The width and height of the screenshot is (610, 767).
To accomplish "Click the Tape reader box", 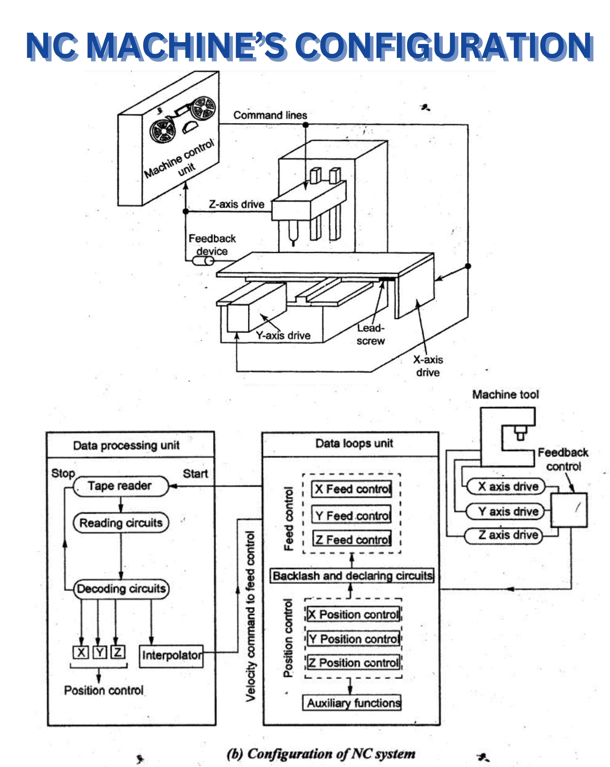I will [x=120, y=486].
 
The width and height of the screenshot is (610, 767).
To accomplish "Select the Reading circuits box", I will [x=121, y=523].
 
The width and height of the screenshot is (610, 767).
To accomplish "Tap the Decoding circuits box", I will [x=121, y=588].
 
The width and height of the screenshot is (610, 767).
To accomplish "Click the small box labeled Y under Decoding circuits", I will [x=99, y=652].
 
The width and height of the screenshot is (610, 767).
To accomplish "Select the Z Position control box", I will [x=354, y=662].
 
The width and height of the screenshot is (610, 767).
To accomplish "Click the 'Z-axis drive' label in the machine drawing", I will [x=236, y=204].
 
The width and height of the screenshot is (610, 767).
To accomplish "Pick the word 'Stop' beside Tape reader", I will [x=63, y=473].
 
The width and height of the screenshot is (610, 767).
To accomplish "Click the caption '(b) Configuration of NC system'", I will [x=321, y=753].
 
